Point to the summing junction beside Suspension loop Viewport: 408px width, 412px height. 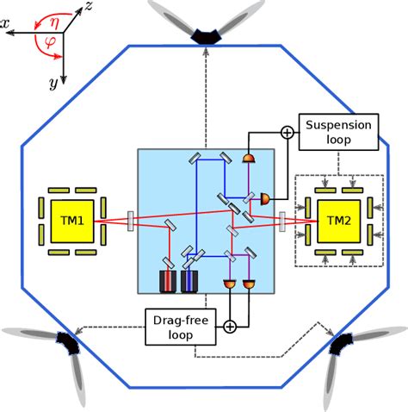[286, 132]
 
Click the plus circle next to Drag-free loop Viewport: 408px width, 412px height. [230, 326]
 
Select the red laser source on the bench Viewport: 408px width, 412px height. [164, 280]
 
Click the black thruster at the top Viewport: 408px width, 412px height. [206, 35]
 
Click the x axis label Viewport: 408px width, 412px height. [6, 26]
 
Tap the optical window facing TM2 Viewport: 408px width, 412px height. [282, 222]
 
